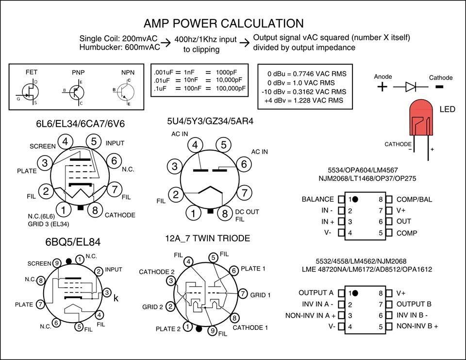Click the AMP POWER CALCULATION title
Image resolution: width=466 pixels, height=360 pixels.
(224, 23)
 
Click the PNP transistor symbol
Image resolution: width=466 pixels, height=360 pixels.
(75, 90)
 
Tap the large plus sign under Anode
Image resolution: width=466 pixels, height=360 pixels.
(383, 87)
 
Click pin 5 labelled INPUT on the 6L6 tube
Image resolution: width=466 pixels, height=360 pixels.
(94, 142)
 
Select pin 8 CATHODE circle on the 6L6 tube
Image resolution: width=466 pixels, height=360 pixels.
(96, 210)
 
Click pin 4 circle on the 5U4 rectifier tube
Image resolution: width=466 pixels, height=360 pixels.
(195, 145)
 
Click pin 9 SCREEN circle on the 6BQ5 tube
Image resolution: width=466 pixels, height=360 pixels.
(57, 263)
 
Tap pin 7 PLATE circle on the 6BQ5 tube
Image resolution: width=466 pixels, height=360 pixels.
(40, 304)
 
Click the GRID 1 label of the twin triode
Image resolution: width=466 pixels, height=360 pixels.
(261, 294)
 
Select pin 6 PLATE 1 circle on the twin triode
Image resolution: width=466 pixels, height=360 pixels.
(233, 270)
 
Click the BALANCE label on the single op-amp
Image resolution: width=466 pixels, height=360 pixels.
(317, 199)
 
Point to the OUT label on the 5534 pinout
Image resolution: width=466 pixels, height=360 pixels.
(403, 222)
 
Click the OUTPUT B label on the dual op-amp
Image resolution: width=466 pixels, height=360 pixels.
(414, 304)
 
